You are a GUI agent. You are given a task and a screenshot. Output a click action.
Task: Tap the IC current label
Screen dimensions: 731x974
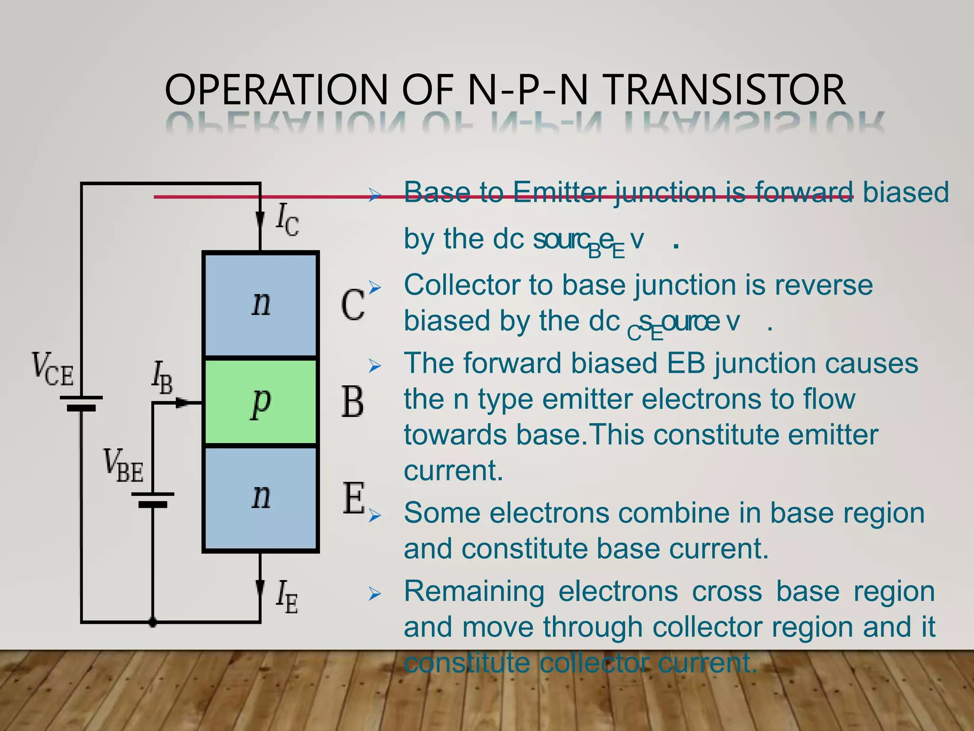[287, 219]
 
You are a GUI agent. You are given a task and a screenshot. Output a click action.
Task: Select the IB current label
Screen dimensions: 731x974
[162, 379]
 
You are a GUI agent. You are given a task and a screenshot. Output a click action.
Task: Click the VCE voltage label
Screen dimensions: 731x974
[52, 369]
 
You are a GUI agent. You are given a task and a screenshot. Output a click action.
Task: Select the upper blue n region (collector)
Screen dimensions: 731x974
[261, 305]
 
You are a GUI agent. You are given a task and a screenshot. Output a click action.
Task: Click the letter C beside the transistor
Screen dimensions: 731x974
[352, 305]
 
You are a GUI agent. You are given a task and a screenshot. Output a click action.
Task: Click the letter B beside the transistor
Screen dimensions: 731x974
[352, 402]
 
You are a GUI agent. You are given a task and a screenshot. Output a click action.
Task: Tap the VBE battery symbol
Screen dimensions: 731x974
[153, 500]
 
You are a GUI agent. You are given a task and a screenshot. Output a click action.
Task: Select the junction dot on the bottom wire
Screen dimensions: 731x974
[153, 622]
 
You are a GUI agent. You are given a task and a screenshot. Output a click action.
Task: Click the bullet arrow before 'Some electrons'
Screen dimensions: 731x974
[375, 516]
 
